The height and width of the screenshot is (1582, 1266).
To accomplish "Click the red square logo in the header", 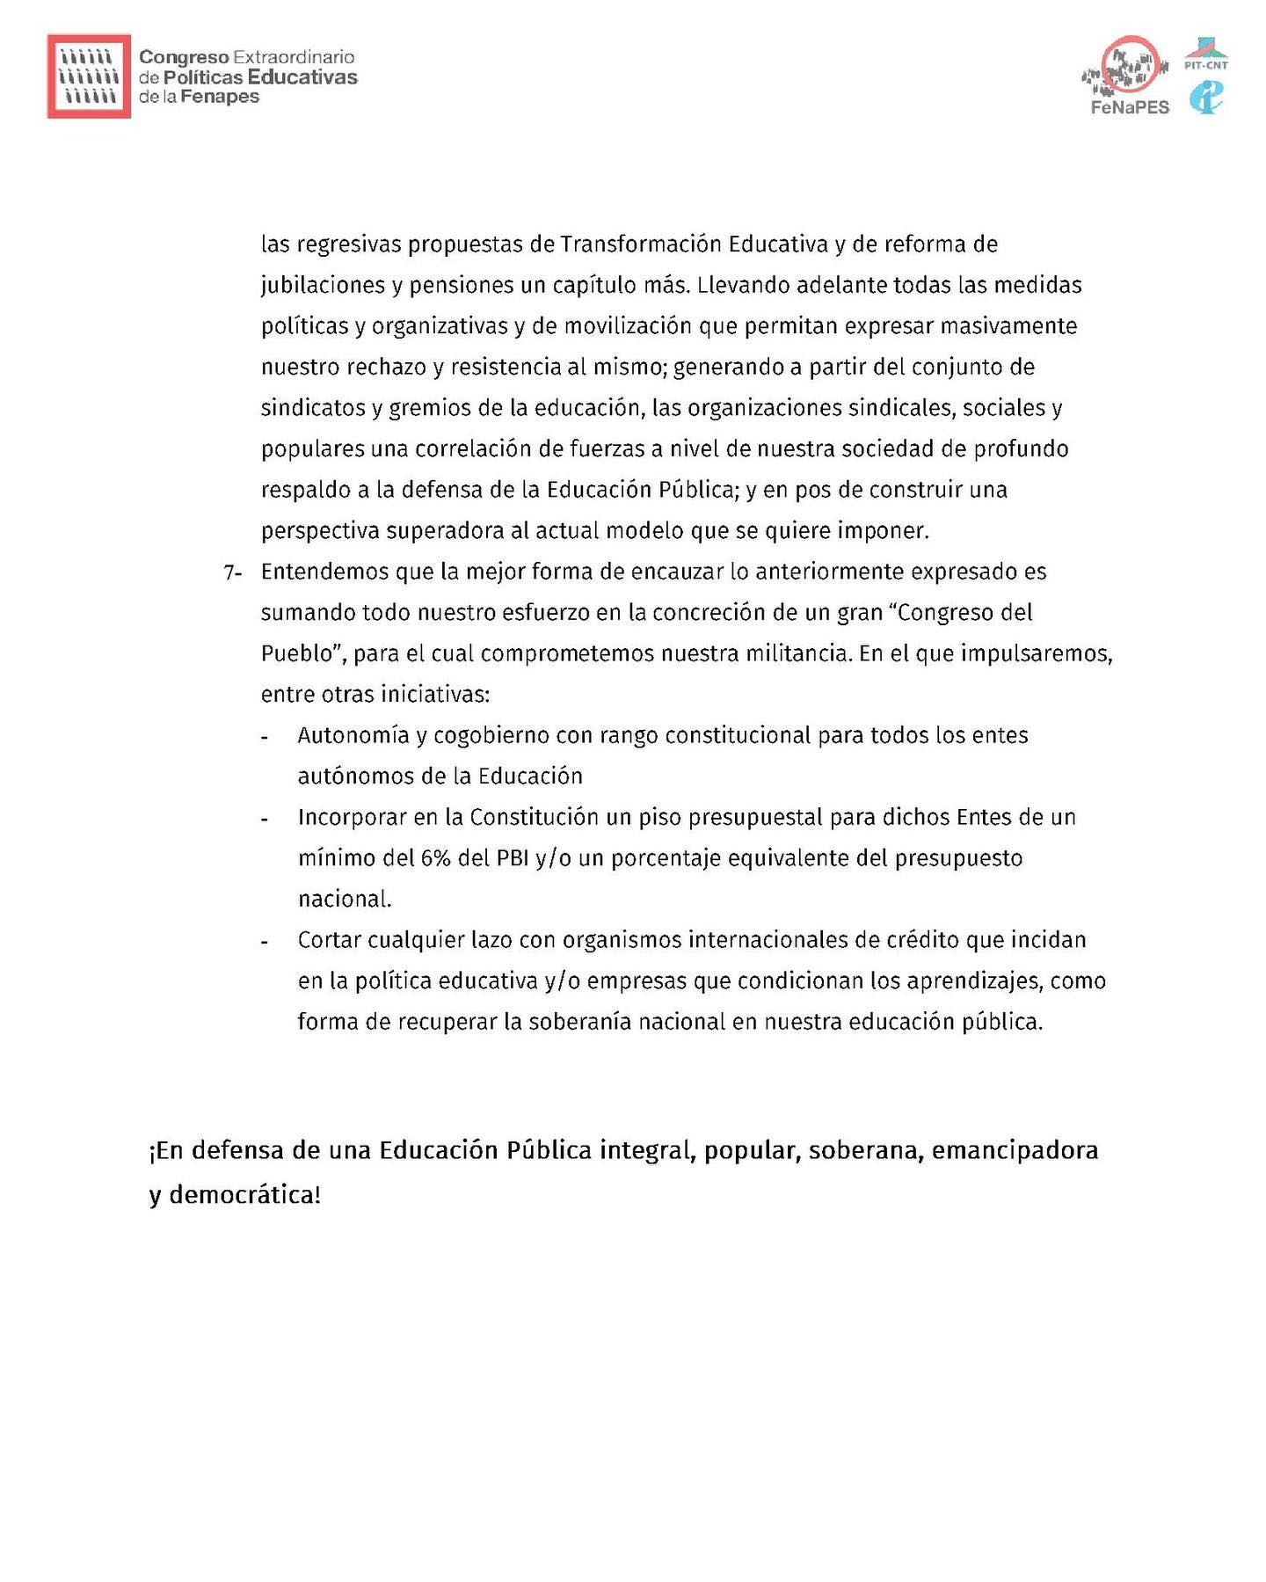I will [89, 77].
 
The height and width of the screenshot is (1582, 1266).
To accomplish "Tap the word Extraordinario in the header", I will [294, 57].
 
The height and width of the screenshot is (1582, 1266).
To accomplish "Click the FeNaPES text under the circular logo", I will [1130, 107].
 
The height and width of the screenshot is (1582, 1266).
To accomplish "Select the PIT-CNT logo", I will [1206, 55].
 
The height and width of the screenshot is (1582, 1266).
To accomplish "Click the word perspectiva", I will [320, 531].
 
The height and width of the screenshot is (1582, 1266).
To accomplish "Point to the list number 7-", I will [232, 572].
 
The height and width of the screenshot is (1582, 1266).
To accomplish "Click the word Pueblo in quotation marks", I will [298, 653].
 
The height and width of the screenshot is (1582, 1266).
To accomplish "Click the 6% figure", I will [435, 858].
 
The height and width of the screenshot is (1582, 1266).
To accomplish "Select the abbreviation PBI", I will [513, 858].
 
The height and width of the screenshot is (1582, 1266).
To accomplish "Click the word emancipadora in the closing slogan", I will [1015, 1150].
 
